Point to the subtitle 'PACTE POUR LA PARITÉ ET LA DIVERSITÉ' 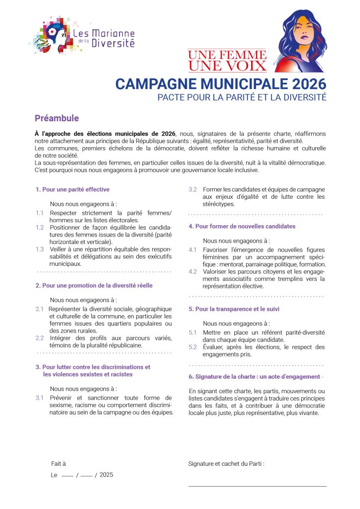coord(242,97)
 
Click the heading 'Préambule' coord(57,118)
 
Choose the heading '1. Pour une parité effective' coord(73,189)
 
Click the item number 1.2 coord(40,227)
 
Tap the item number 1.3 coord(40,249)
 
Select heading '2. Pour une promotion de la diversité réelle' coord(94,285)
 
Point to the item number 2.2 coord(40,338)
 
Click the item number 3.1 coord(40,398)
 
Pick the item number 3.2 coord(192,189)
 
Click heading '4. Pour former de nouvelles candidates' coord(242,226)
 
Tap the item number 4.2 coord(192,271)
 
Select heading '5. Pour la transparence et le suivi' coord(234,309)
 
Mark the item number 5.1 coord(192,332)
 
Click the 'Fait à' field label coord(59,463)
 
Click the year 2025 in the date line coord(106,475)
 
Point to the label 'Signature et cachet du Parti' coord(226,463)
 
